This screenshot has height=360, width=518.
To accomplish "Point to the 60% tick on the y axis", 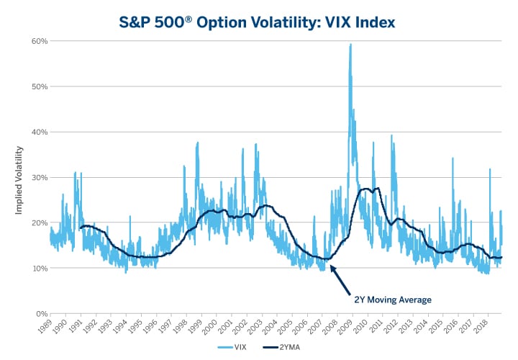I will click(x=39, y=41).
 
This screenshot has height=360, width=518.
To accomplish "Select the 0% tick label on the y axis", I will click(x=41, y=314).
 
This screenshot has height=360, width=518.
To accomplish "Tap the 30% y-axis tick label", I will click(x=39, y=178).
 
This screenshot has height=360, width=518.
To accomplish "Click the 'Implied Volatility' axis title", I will click(x=19, y=178).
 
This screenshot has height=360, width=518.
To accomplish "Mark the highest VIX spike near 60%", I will click(x=350, y=45).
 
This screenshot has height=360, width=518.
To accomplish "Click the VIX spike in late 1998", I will click(x=197, y=144).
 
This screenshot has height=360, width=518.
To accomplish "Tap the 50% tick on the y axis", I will click(x=39, y=86).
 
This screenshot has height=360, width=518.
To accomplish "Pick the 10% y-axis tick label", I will click(x=39, y=269).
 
